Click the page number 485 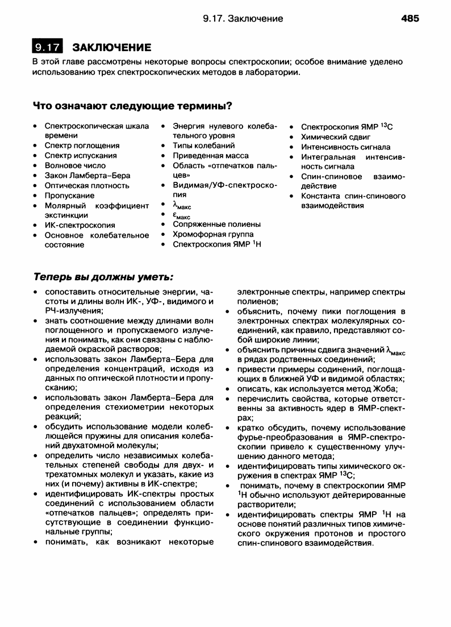tap(410, 19)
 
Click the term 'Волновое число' tap(75, 165)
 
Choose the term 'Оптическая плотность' tap(87, 185)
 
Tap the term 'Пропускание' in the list tap(69, 195)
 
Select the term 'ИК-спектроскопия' tap(80, 225)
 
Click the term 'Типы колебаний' tap(203, 146)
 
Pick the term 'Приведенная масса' tap(210, 155)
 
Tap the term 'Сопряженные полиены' tap(216, 224)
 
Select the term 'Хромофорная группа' tap(213, 234)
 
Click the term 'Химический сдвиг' tap(335, 137)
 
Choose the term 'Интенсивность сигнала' tap(345, 147)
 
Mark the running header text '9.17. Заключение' tap(243, 19)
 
